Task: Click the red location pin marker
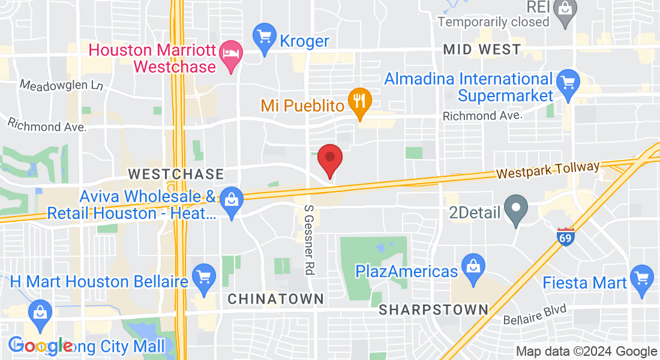[x=329, y=159]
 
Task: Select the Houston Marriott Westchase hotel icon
[x=231, y=54]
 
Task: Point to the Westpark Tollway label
[x=548, y=170]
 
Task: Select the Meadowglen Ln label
[x=61, y=85]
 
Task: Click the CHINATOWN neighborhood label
[x=276, y=298]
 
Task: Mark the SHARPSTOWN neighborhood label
[x=434, y=310]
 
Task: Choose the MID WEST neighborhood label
[x=482, y=49]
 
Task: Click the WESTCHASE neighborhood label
[x=176, y=174]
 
